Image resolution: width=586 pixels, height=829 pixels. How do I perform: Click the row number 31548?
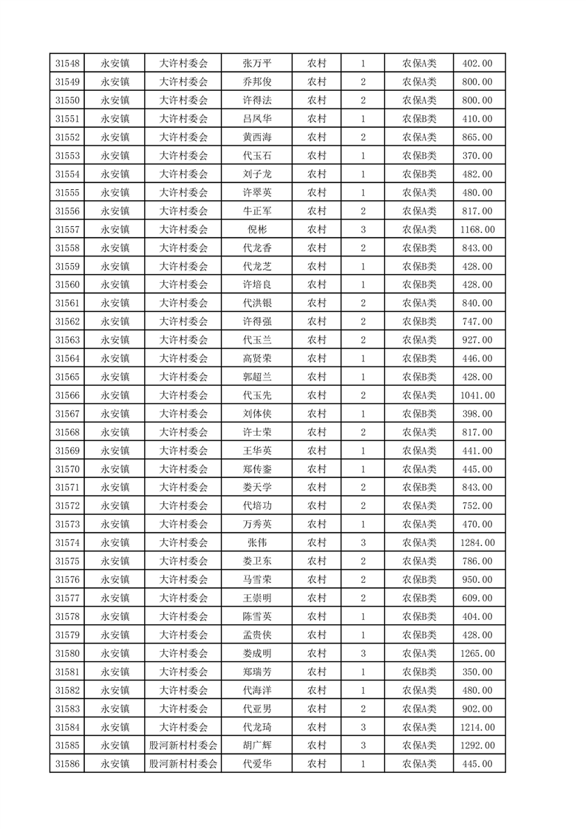click(x=67, y=64)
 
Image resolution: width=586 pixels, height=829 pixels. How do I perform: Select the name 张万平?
click(x=256, y=64)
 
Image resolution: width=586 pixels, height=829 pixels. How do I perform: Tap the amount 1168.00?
click(x=477, y=230)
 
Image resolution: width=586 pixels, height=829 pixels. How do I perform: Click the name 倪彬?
click(x=256, y=230)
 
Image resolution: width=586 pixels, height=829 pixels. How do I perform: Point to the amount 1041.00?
click(x=477, y=395)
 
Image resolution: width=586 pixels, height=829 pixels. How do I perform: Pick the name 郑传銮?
click(x=256, y=469)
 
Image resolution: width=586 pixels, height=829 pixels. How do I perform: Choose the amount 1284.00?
click(x=477, y=543)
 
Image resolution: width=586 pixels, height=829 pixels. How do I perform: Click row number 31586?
click(x=67, y=764)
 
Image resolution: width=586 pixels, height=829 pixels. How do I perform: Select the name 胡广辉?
click(x=256, y=746)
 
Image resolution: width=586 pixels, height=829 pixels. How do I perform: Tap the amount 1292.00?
click(x=477, y=746)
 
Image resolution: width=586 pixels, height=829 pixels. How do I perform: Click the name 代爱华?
click(x=256, y=764)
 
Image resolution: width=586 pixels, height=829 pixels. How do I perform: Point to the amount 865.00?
click(x=477, y=137)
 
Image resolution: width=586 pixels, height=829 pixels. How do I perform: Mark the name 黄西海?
click(x=256, y=137)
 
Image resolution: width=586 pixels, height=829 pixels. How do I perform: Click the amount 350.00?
click(x=477, y=672)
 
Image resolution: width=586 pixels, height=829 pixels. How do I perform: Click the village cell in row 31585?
click(x=184, y=746)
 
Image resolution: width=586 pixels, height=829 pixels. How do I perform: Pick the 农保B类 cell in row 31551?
click(x=419, y=119)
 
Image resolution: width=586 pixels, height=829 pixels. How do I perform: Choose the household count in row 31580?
click(x=363, y=653)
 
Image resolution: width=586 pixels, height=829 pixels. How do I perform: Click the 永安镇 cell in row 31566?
click(x=115, y=395)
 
